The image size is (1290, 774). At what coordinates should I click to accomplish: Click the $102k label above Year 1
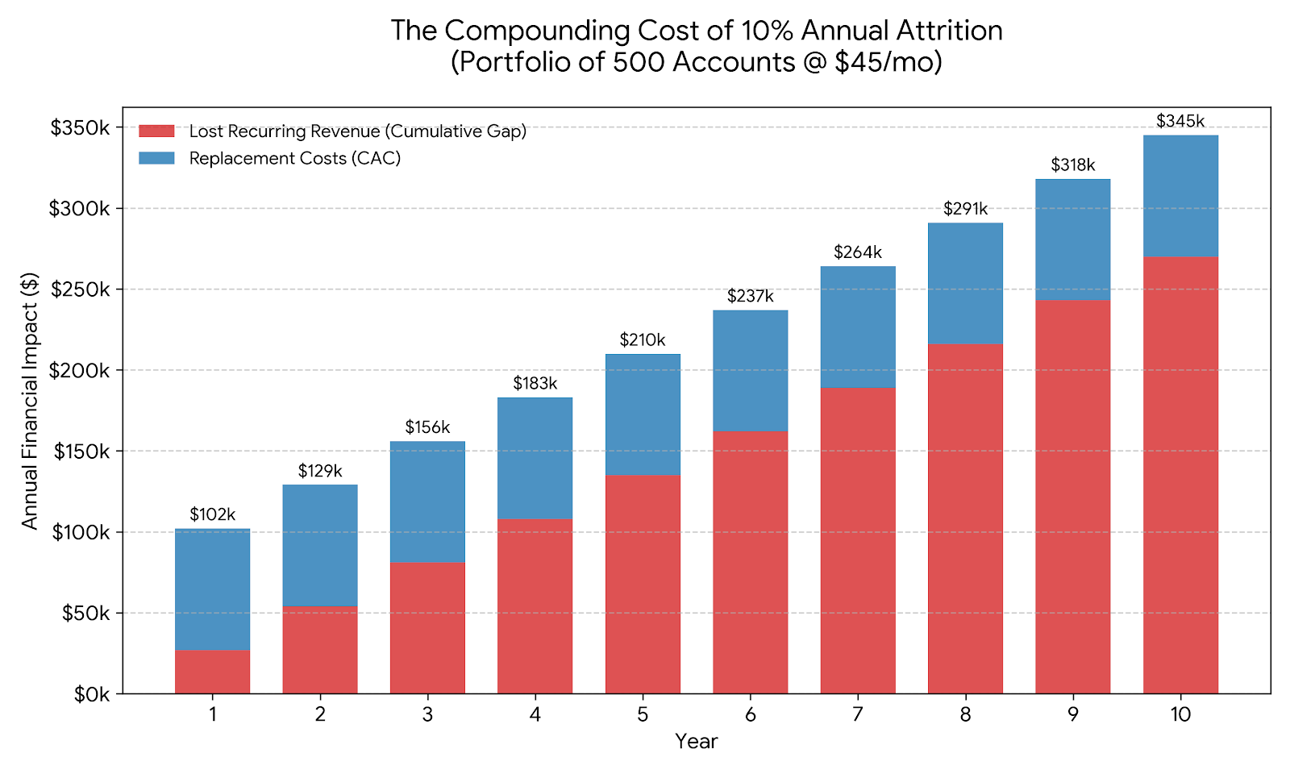[213, 514]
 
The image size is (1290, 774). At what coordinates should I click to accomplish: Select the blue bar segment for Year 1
[213, 589]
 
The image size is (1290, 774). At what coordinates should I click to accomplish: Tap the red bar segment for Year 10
[1180, 476]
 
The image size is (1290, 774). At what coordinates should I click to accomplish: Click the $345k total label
[1180, 121]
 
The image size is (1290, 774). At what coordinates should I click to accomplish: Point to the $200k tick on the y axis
[81, 371]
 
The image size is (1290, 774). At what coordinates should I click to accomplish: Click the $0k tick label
[91, 694]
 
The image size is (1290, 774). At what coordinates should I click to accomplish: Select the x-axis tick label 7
[858, 714]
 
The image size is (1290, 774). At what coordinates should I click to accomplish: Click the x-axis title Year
[696, 741]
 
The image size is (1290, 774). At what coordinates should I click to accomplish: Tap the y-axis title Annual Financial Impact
[30, 401]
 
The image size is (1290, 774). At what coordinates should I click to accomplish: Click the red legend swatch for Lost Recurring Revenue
[156, 131]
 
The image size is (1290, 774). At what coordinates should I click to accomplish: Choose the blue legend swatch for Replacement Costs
[156, 158]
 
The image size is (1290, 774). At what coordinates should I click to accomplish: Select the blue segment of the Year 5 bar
[643, 414]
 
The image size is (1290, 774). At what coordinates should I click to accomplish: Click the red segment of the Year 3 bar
[427, 627]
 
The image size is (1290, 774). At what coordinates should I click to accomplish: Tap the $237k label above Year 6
[750, 296]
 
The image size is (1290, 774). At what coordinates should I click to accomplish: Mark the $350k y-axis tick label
[81, 128]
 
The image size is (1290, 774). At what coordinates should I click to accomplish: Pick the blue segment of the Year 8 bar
[965, 283]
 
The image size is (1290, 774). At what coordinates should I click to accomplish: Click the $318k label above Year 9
[1073, 165]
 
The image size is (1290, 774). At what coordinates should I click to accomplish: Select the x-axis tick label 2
[320, 714]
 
